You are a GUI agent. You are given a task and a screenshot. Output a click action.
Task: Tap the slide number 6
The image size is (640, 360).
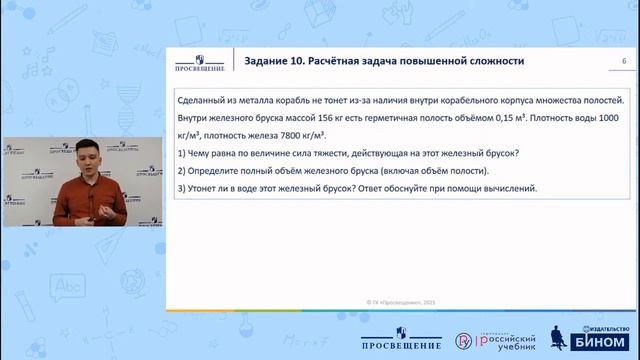pos(624,62)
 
